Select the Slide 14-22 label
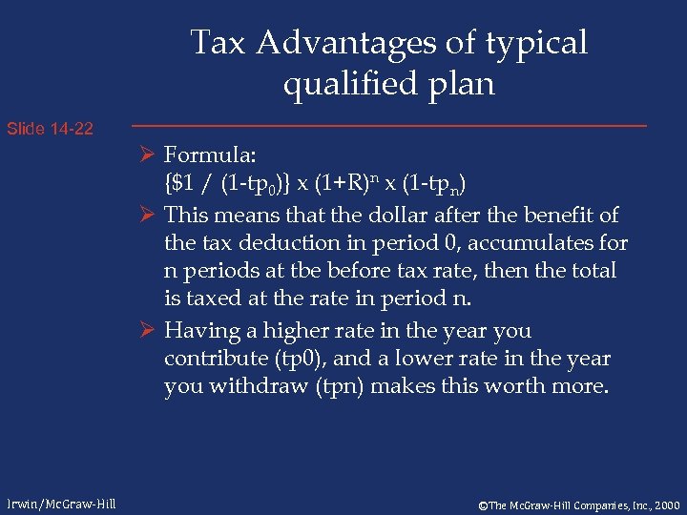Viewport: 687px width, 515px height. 50,128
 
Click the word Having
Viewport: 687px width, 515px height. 198,331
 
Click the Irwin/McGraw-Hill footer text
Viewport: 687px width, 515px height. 60,504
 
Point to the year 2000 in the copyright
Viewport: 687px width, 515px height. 664,504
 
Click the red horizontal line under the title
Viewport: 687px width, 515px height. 387,126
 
